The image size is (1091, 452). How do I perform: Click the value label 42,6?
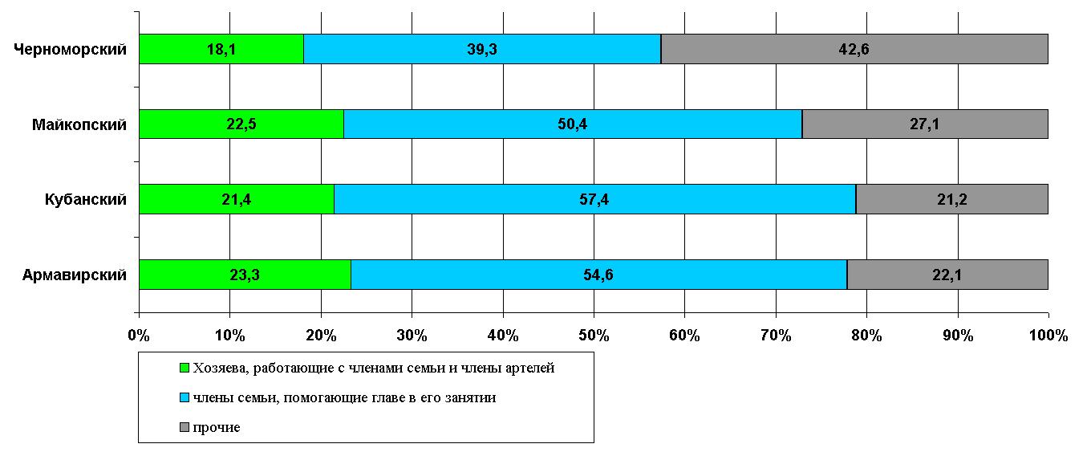[x=854, y=49]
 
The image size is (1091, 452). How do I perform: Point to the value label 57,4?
[x=594, y=200]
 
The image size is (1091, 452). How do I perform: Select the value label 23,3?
[x=244, y=275]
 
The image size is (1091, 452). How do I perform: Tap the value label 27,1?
[x=924, y=124]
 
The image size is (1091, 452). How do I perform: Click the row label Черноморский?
[x=71, y=50]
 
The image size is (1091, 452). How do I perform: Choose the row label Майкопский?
[x=79, y=124]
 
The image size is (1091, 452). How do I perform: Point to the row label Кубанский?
[x=86, y=200]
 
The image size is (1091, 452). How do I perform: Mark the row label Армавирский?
[x=75, y=275]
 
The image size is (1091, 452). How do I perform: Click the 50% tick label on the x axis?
[x=594, y=336]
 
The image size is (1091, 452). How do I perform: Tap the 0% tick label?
[x=139, y=336]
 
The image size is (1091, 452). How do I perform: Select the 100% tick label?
[x=1048, y=336]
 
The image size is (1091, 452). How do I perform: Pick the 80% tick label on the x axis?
[x=866, y=336]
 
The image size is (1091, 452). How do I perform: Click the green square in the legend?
[x=183, y=369]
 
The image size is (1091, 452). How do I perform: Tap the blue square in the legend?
[x=183, y=397]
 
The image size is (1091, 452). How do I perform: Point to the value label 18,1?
[x=221, y=49]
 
